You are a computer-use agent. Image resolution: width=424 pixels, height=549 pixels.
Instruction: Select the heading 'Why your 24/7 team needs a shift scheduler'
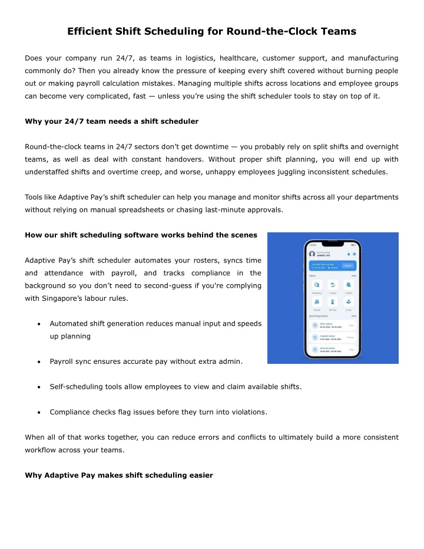(112, 121)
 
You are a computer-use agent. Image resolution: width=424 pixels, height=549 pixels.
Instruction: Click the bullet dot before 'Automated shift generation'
(38, 324)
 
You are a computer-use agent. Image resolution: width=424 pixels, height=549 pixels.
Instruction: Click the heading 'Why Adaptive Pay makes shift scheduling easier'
(119, 475)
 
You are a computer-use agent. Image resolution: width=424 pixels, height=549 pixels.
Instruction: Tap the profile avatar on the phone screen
(312, 254)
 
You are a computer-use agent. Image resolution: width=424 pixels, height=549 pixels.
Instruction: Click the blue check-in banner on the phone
(333, 265)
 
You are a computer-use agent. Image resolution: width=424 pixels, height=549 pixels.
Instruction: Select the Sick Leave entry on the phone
(333, 325)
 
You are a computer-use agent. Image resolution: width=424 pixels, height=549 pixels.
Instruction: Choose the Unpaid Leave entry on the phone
(333, 337)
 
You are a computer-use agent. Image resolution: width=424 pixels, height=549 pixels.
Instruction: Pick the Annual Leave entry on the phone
(333, 349)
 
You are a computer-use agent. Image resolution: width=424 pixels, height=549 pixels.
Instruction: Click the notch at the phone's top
(333, 244)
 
